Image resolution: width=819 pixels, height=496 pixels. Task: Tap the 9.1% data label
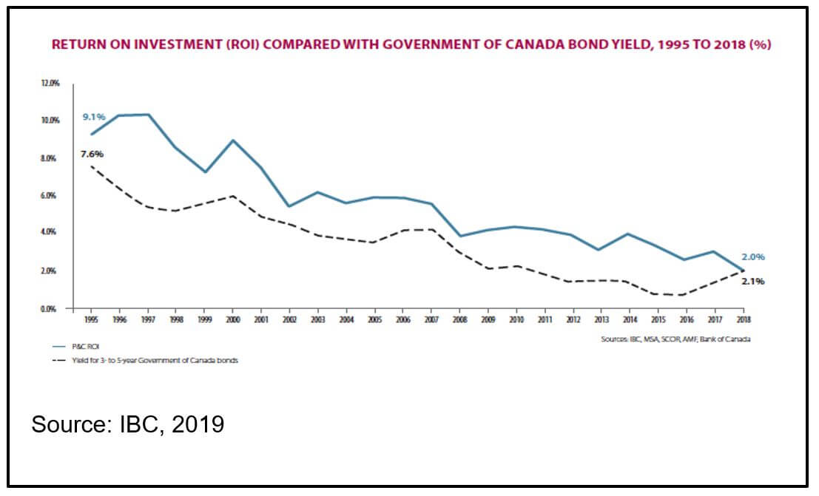94,116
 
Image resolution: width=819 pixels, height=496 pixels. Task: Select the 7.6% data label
92,154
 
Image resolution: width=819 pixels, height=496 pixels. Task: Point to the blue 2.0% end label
752,257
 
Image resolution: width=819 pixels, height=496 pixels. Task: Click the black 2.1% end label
752,281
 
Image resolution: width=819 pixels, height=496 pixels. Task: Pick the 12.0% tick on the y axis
50,83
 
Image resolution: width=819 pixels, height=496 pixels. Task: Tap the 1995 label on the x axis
90,319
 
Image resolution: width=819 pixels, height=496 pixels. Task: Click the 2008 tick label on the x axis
459,319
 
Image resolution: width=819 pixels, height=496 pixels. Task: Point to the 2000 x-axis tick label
232,319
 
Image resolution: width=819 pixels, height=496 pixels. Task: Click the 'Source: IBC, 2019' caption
127,425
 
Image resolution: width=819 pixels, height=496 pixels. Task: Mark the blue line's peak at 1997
147,115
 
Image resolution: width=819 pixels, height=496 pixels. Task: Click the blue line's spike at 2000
232,140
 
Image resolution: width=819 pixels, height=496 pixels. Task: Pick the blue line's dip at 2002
289,206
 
